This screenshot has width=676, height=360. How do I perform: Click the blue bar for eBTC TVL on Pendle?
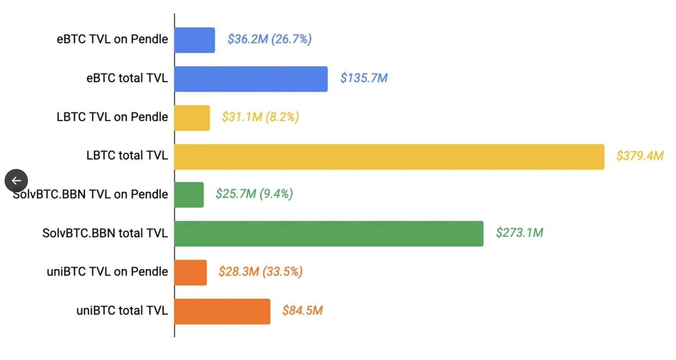[195, 40]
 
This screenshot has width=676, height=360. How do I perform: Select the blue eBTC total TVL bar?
[251, 79]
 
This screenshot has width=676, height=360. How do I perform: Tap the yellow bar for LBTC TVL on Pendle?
[192, 118]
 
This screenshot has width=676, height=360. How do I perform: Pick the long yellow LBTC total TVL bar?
[389, 157]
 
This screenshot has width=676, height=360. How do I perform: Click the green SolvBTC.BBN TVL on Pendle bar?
[189, 195]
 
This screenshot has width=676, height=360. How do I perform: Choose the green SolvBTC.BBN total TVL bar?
[329, 234]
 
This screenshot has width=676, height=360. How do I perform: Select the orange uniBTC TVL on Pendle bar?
[191, 273]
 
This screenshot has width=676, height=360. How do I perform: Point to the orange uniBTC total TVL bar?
[222, 311]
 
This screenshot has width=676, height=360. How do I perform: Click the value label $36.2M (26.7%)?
[269, 39]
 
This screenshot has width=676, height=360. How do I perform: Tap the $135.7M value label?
[364, 78]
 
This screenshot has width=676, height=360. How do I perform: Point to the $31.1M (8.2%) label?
[260, 117]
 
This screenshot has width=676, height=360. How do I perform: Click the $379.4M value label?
[640, 156]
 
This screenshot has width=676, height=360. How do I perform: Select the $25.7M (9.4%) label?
[254, 194]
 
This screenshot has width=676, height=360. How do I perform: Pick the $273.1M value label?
[519, 233]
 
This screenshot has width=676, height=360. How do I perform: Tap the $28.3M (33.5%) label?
[260, 272]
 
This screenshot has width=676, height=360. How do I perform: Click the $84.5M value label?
[302, 311]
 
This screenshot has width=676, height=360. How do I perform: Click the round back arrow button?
[16, 181]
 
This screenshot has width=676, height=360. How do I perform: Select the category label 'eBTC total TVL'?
[127, 78]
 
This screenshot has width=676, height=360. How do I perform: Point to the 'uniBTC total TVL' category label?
[122, 311]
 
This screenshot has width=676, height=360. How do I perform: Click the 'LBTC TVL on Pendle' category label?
[112, 117]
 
